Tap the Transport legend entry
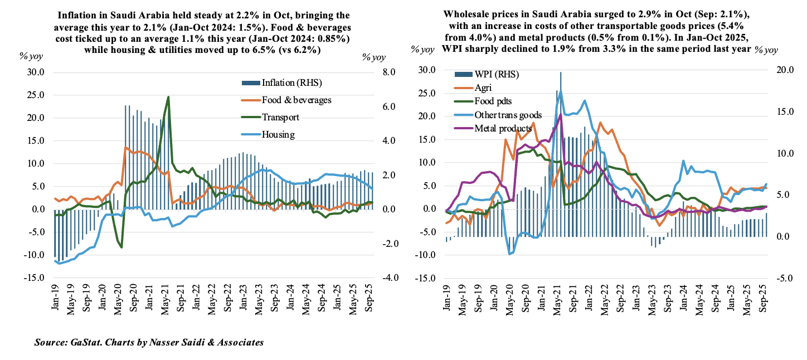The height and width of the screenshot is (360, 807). pos(280,118)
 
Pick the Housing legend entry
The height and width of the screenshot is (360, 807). pos(278,134)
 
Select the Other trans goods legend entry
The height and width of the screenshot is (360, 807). pos(508,115)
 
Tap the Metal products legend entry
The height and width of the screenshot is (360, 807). pos(503,128)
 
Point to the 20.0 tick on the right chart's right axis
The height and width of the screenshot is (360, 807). pos(772,70)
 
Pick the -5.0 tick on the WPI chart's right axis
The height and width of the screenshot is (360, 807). pos(772,278)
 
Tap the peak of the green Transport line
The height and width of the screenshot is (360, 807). pos(168,97)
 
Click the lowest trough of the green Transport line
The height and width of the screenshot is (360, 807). pos(121,247)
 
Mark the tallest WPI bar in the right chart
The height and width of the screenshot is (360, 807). pos(560,72)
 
